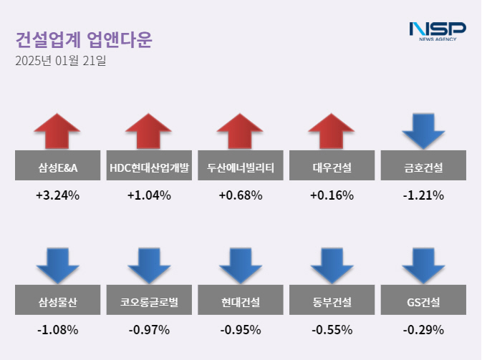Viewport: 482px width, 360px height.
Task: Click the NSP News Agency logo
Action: click(438, 31)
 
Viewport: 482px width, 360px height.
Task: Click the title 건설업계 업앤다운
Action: click(84, 39)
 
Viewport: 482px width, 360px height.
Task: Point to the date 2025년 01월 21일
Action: click(61, 61)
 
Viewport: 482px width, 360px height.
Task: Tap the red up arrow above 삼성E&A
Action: click(57, 130)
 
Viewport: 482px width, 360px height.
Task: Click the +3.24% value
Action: click(57, 195)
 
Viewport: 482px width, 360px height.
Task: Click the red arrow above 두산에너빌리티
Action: click(241, 130)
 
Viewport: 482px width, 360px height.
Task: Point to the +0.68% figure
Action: click(241, 195)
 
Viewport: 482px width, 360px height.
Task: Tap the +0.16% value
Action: click(332, 195)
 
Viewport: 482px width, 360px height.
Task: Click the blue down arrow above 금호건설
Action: click(423, 130)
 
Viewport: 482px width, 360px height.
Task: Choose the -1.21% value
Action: click(423, 195)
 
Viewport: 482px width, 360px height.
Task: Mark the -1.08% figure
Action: click(57, 330)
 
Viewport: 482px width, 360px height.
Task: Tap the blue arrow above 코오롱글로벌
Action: click(149, 266)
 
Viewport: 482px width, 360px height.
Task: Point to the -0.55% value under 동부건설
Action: click(332, 330)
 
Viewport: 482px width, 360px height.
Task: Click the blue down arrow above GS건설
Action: click(423, 266)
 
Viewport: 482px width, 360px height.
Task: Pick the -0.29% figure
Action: click(423, 330)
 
